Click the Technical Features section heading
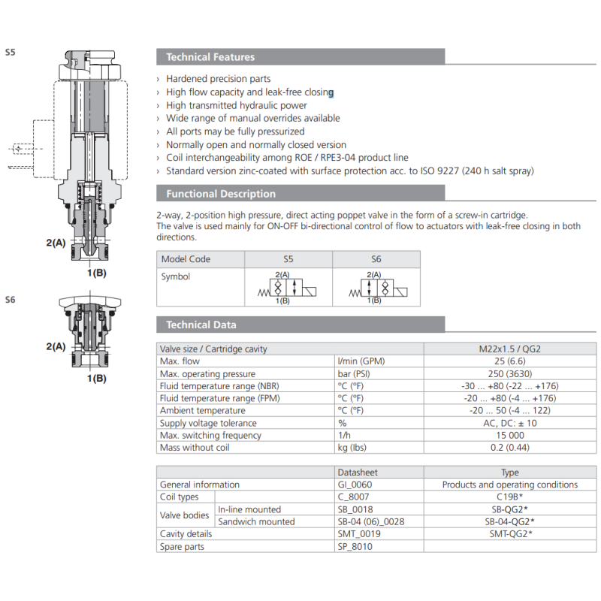pyautogui.click(x=210, y=57)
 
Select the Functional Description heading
pyautogui.click(x=221, y=194)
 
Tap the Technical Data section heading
pyautogui.click(x=201, y=325)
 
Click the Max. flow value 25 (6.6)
pyautogui.click(x=509, y=361)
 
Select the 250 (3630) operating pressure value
pyautogui.click(x=509, y=374)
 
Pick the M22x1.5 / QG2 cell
pyautogui.click(x=509, y=349)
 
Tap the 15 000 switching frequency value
pyautogui.click(x=509, y=435)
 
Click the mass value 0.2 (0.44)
pyautogui.click(x=509, y=448)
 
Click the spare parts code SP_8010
pyautogui.click(x=355, y=546)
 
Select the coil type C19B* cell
pyautogui.click(x=509, y=497)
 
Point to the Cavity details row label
pyautogui.click(x=186, y=534)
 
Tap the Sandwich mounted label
pyautogui.click(x=256, y=521)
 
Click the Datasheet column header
pyautogui.click(x=358, y=473)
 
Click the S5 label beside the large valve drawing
pyautogui.click(x=10, y=53)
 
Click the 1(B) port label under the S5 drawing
pyautogui.click(x=96, y=273)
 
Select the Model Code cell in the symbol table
pyautogui.click(x=186, y=259)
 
